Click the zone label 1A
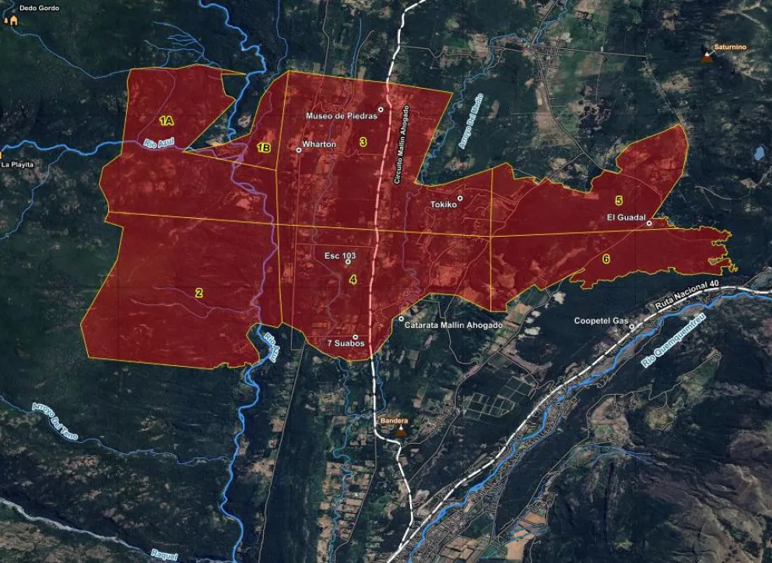(x=166, y=121)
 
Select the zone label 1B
(x=264, y=148)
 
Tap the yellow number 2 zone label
(x=199, y=293)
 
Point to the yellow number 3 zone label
(x=363, y=142)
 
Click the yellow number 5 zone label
(x=619, y=201)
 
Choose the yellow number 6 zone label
(x=606, y=259)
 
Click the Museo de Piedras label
(x=341, y=116)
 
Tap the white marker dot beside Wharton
(x=299, y=150)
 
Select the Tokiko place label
(x=443, y=206)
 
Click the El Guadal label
(x=625, y=217)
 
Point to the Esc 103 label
(x=340, y=255)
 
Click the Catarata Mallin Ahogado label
(x=454, y=325)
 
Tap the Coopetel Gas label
(x=600, y=321)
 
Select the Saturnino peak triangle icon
(x=707, y=57)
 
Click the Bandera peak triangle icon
(x=401, y=430)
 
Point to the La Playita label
(x=18, y=165)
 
